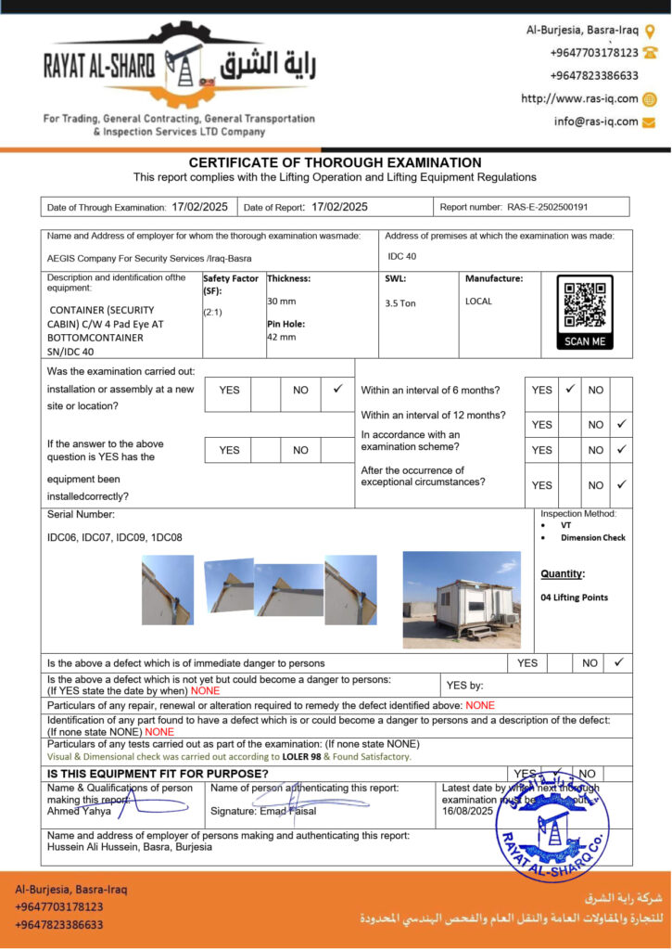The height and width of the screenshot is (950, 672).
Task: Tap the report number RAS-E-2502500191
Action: click(547, 207)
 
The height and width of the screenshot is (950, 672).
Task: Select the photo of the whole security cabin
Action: click(462, 599)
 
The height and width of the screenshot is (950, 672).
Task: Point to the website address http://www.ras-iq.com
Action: click(579, 98)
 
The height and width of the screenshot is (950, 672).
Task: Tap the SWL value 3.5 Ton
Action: click(400, 303)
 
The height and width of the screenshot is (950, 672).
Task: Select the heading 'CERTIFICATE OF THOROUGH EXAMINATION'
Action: click(335, 162)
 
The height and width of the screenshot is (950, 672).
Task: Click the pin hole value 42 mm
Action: click(282, 337)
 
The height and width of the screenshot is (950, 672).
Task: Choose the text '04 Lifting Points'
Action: click(574, 597)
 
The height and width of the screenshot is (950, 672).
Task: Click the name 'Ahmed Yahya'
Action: click(79, 811)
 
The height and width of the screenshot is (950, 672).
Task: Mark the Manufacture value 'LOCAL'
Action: click(478, 302)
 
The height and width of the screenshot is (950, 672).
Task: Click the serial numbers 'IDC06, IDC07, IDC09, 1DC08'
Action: click(115, 537)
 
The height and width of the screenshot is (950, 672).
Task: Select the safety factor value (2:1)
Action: click(214, 312)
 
